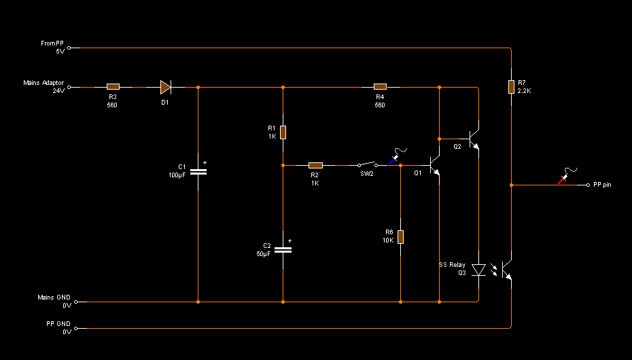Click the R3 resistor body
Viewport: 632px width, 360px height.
(113, 86)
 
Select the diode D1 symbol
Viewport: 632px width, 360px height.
(166, 87)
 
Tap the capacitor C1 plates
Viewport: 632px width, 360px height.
(198, 172)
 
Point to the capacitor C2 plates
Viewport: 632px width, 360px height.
(283, 250)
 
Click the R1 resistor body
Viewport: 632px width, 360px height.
(283, 132)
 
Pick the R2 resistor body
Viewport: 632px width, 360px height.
(315, 165)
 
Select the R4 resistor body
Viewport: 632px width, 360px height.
(380, 86)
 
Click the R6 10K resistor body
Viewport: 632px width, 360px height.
(400, 237)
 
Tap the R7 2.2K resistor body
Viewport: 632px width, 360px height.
(511, 86)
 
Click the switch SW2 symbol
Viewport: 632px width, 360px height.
(367, 164)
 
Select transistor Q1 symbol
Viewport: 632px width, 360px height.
(434, 166)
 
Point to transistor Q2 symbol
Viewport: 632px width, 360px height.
(474, 139)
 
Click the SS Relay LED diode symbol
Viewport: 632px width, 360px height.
(478, 270)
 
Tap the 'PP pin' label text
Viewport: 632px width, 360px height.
(602, 185)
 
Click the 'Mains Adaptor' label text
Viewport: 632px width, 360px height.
(43, 83)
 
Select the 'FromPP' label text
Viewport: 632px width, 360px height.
(52, 43)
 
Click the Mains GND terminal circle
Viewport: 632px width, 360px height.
(76, 302)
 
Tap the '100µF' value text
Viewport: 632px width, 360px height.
(177, 175)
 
